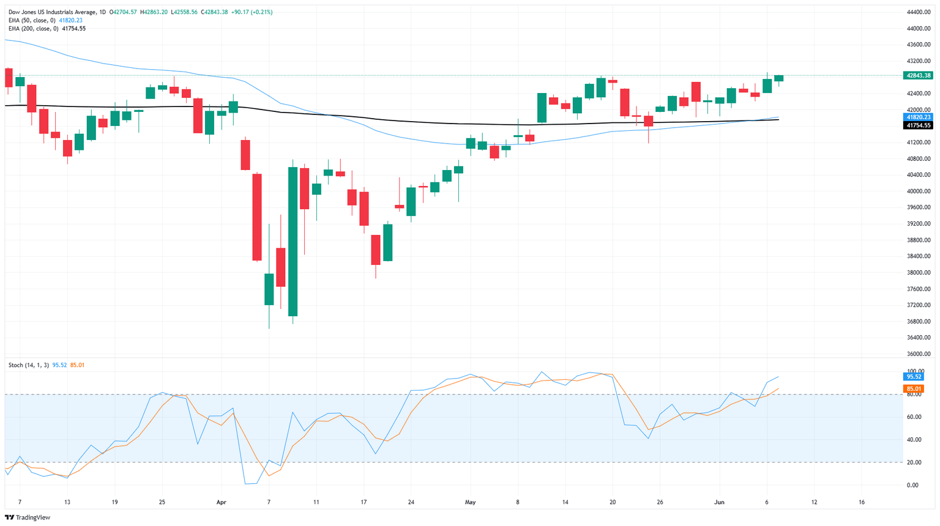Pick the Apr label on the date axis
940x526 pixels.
pos(221,502)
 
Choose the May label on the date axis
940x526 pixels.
pos(470,502)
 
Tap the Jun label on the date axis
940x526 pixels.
pos(719,502)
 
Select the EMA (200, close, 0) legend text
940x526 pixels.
pos(34,28)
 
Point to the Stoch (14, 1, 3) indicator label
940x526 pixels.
pos(29,365)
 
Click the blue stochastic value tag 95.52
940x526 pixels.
pos(914,377)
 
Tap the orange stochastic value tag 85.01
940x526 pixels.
pos(914,388)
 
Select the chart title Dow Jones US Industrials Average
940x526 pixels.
pos(51,12)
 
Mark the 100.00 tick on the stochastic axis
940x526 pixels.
pos(916,371)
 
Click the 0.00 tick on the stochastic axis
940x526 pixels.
pos(912,485)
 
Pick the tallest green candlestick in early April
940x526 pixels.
pos(293,242)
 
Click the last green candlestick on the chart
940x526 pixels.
pos(778,78)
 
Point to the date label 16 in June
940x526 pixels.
pos(861,502)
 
